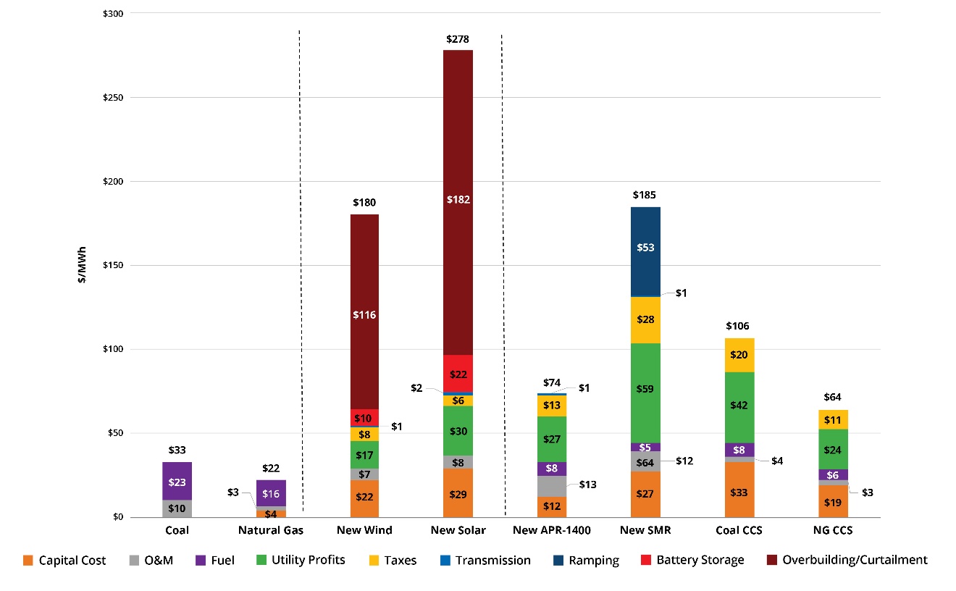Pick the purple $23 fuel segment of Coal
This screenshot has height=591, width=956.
(x=177, y=482)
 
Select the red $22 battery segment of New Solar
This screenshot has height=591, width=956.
(x=458, y=374)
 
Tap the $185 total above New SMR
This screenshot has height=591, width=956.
(x=645, y=195)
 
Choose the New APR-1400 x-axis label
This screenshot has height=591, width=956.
(x=551, y=530)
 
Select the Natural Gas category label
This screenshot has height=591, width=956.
(x=270, y=530)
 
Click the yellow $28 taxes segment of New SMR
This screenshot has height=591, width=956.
(x=645, y=319)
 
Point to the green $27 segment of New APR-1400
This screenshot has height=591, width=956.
(x=552, y=439)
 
